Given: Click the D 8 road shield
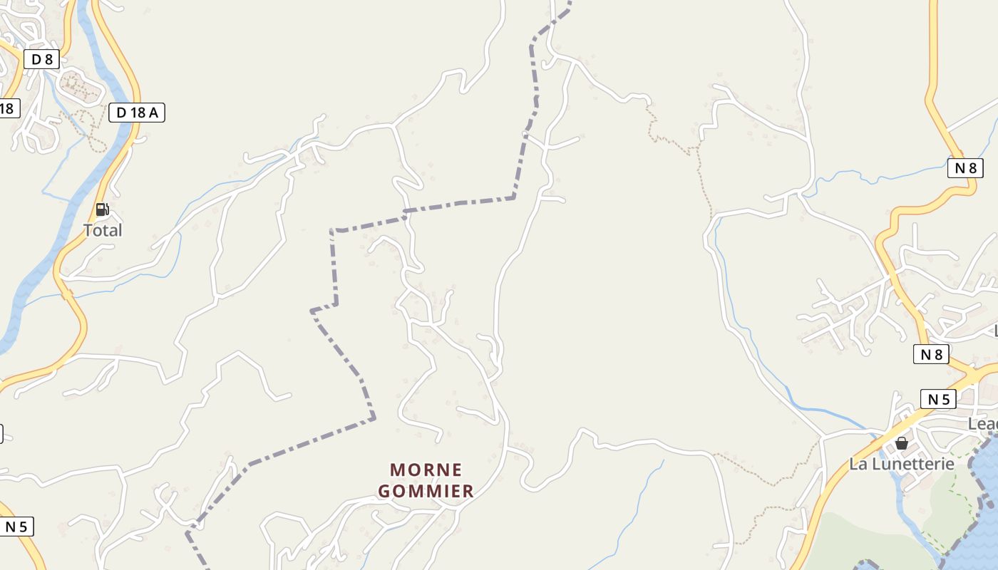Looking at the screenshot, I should [41, 59].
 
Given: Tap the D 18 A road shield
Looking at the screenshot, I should [137, 112].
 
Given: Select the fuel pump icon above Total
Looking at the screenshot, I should [102, 209].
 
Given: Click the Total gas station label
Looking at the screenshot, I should [103, 230].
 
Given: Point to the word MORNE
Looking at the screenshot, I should [426, 470].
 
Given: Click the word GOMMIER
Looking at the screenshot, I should [426, 491].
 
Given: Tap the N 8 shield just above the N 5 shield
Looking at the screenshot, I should [931, 354].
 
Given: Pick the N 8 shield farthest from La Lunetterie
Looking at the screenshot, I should [965, 168].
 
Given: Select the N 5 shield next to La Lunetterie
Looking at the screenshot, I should [938, 399].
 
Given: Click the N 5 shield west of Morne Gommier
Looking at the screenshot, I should [16, 527].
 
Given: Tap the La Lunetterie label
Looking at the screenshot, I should [901, 464].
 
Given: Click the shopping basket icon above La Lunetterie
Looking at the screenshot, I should [902, 443].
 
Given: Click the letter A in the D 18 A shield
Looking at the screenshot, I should [155, 112].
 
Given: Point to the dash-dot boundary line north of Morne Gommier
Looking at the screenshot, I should [456, 204].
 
